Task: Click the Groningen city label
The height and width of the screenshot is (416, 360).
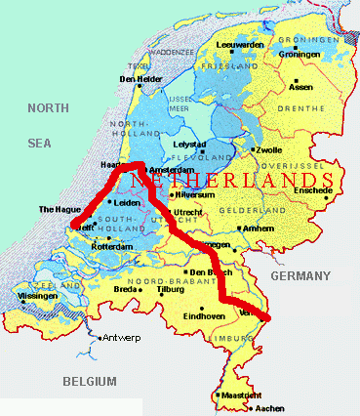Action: [x=299, y=55]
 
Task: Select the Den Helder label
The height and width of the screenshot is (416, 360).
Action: [x=139, y=79]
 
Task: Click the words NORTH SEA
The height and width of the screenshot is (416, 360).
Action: [x=50, y=127]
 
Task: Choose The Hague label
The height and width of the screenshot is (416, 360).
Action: [x=55, y=209]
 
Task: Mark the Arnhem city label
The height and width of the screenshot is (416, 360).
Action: [x=259, y=229]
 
